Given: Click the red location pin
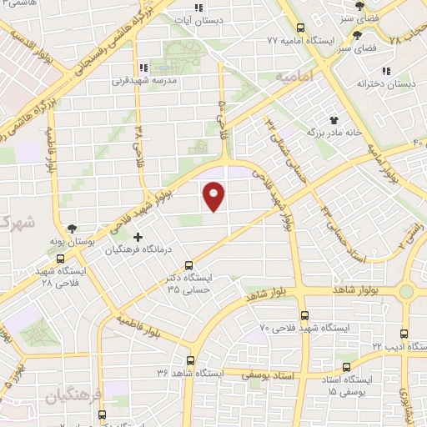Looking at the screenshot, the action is [x=214, y=195].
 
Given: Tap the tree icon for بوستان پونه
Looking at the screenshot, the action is [x=73, y=229].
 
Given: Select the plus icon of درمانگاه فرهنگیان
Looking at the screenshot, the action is [x=138, y=238].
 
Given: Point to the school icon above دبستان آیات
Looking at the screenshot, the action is [x=198, y=7].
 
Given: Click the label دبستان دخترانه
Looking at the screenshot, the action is [x=385, y=83].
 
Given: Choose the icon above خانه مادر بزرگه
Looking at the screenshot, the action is [x=334, y=120].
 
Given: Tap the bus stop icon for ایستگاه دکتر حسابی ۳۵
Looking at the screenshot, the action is [x=188, y=264].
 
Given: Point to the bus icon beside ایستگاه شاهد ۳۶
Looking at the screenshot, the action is [x=191, y=361].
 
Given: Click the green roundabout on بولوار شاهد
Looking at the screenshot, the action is [x=406, y=291].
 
